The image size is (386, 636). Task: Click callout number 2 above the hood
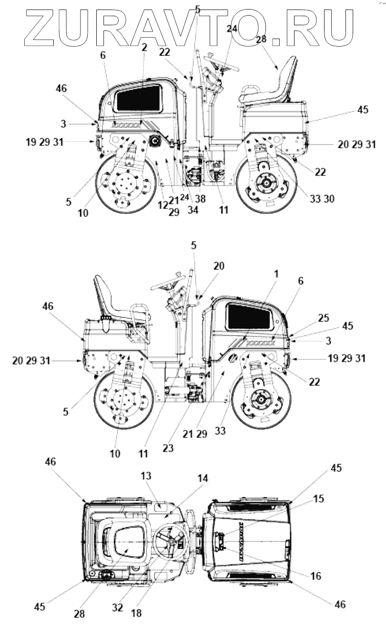(x=144, y=47)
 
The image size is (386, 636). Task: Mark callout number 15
(x=318, y=499)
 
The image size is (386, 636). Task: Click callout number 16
(x=315, y=576)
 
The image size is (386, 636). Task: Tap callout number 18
(x=136, y=613)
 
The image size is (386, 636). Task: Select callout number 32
(x=117, y=607)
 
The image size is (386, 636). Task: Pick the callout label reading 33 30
(x=322, y=199)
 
